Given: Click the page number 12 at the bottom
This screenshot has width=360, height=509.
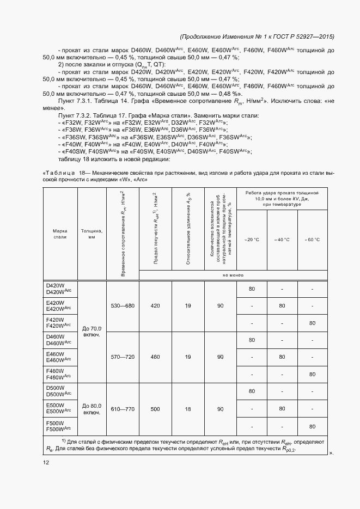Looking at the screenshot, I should click(x=45, y=463).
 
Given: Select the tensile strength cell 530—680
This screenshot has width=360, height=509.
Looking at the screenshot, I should click(x=122, y=306).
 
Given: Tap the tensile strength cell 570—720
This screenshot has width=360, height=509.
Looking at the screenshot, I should click(x=122, y=357).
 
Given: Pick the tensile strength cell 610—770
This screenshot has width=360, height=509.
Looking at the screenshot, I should click(x=122, y=408).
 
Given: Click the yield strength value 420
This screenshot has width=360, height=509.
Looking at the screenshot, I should click(x=155, y=306).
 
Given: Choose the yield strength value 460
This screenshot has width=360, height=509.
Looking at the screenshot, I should click(x=155, y=357).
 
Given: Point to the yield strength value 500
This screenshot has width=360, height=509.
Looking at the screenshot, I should click(x=155, y=408).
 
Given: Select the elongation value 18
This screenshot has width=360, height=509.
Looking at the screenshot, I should click(x=187, y=408).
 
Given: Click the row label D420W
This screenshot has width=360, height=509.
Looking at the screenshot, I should click(x=54, y=285).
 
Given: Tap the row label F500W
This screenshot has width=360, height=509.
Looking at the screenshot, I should click(x=54, y=422).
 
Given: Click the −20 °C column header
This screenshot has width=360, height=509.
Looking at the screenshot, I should click(x=252, y=240).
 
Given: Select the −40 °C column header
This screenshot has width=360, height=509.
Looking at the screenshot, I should click(x=282, y=240).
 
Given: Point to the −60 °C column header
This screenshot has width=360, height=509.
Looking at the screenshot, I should click(x=312, y=240).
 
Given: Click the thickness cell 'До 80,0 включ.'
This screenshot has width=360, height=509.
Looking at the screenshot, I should click(x=91, y=408).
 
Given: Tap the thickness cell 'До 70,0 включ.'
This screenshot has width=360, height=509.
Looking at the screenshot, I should click(x=91, y=332).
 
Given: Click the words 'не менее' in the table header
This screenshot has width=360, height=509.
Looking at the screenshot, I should click(x=233, y=275).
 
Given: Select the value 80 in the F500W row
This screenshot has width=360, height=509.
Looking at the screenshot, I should click(x=312, y=426).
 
